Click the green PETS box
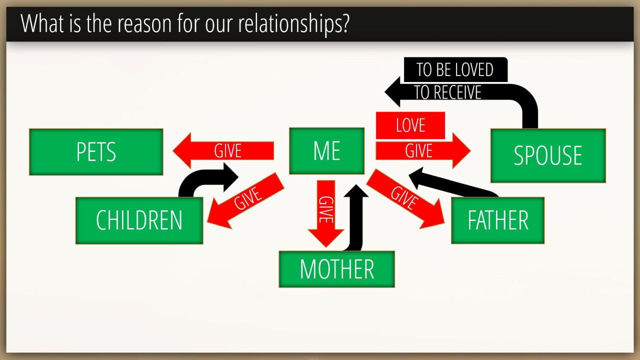pos(96,152)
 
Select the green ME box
pos(327,151)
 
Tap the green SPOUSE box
pos(548,155)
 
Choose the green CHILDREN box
pos(139,220)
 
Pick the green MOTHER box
pos(337,269)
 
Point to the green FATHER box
pos(497,220)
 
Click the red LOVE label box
pos(410,125)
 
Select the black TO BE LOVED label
pos(455,69)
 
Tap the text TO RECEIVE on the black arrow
pos(447,92)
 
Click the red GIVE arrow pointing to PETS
pos(223,150)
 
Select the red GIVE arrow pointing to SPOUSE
pos(423,150)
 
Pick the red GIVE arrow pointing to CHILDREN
pos(245,200)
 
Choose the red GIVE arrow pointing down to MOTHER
pos(325,213)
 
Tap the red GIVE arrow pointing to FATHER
pos(405,198)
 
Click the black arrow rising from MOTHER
pos(355,217)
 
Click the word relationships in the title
pos(293,24)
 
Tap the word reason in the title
pos(144,24)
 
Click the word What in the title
pos(42,23)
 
